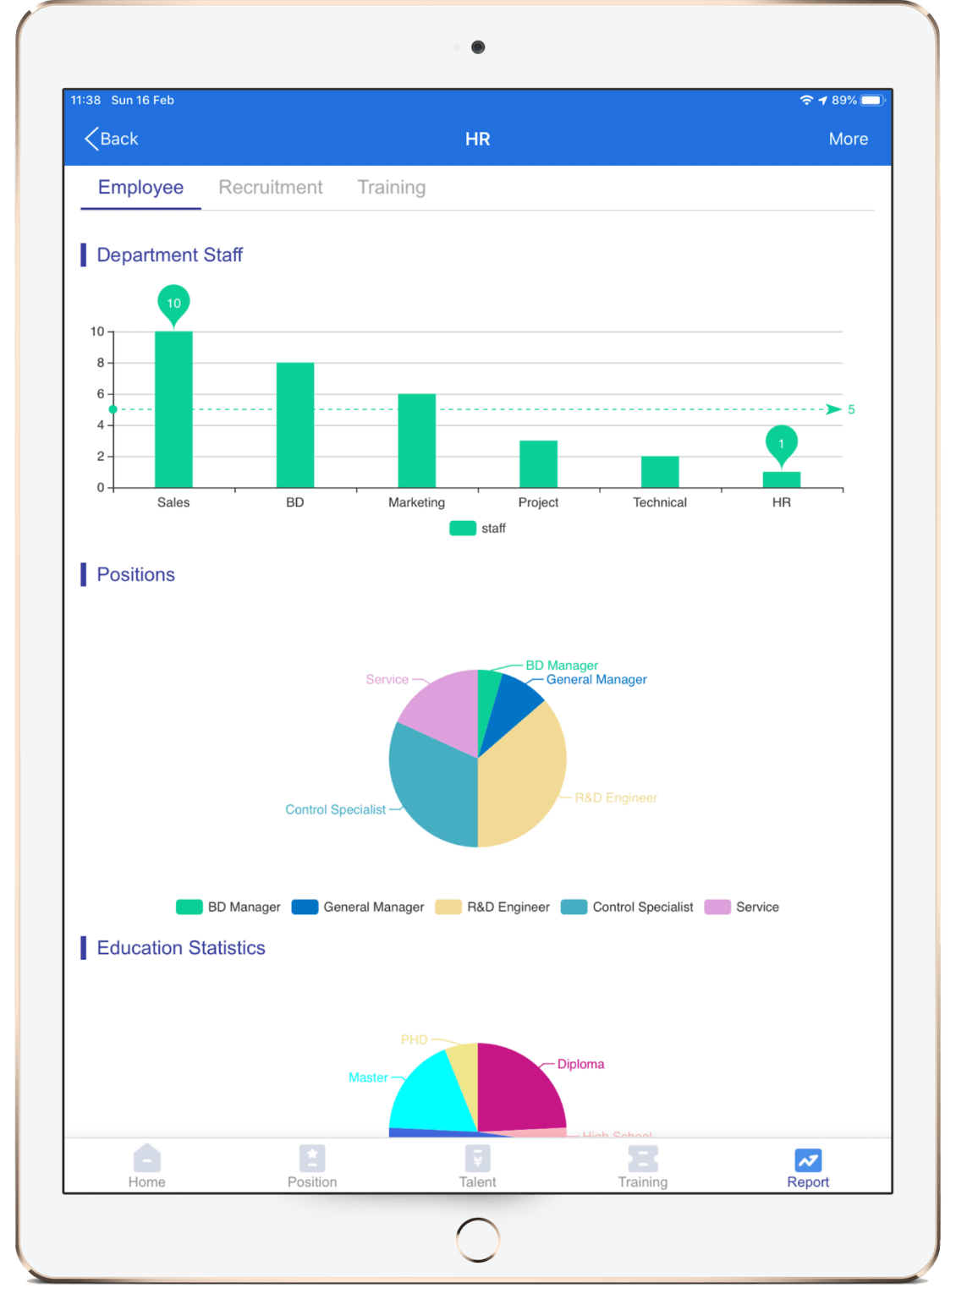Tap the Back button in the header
coord(112,139)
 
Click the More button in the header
coord(848,139)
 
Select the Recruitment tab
coord(270,187)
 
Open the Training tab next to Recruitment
coord(391,187)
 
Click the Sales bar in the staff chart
coord(173,409)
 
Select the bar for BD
coord(294,425)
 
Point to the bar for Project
coord(538,463)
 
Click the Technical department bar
coord(660,472)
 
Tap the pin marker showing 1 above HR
coord(781,443)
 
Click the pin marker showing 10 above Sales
coord(173,303)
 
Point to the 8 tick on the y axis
coord(101,363)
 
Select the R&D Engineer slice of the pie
coord(520,782)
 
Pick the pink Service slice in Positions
coord(440,706)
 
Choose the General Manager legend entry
coord(358,907)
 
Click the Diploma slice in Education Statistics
coord(520,1087)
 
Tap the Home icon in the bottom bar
coord(146,1159)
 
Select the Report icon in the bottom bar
coord(808,1159)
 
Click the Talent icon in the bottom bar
coord(477,1159)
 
